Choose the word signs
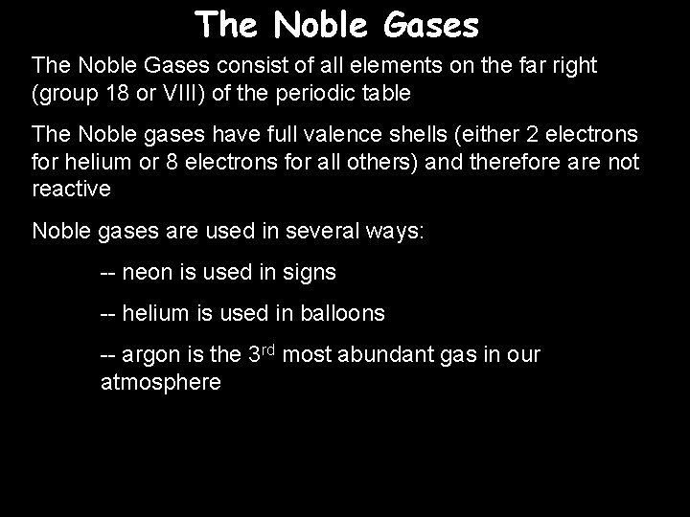309,273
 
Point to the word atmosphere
161,383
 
